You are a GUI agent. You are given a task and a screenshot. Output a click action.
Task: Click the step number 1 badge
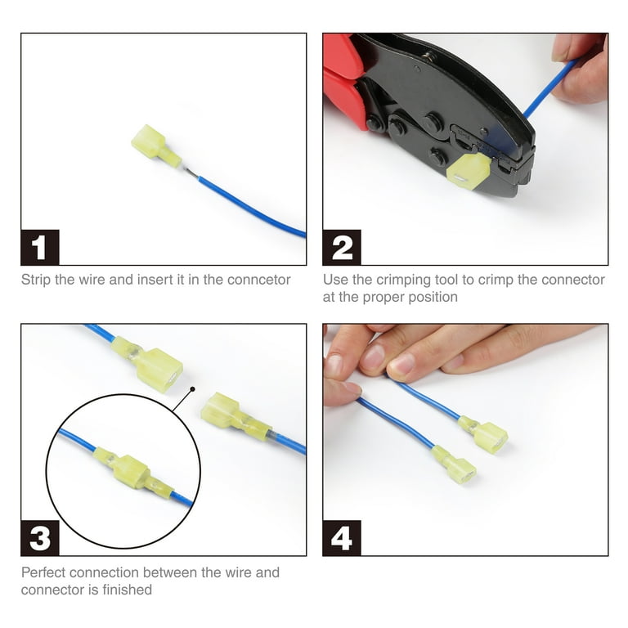coord(40,248)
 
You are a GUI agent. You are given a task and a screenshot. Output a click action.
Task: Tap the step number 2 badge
coord(342,248)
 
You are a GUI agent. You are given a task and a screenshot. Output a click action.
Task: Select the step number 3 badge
coord(40,538)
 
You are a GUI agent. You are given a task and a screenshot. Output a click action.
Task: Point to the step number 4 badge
coord(342,538)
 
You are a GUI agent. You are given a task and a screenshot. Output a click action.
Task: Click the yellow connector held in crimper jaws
coord(469,171)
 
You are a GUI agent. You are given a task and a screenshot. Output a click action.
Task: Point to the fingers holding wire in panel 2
coord(582,70)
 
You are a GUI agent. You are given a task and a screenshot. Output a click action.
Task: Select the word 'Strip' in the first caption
coord(37,280)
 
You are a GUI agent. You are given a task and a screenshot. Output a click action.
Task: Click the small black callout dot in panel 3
coord(192,391)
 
